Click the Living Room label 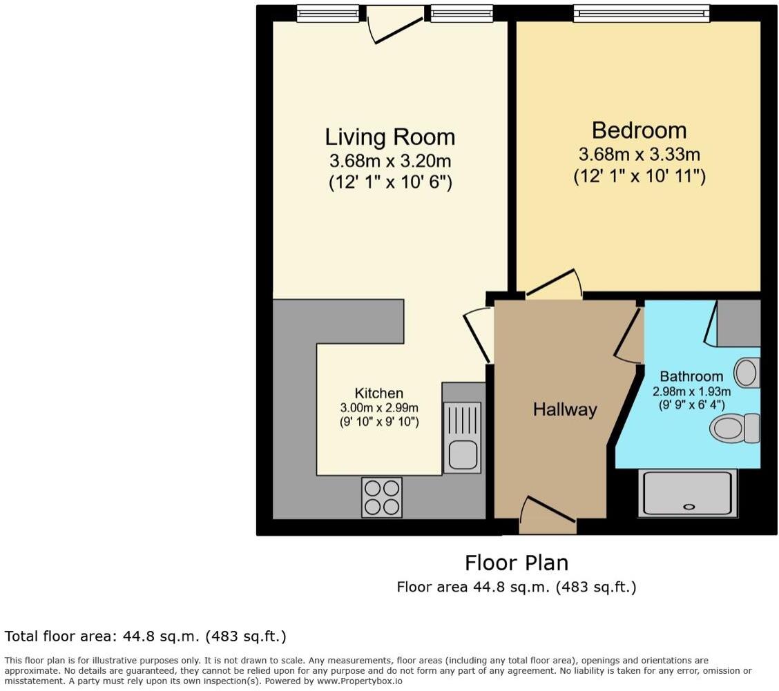(x=390, y=137)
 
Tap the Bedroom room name (x=639, y=130)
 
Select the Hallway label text (x=564, y=409)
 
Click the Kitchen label (x=378, y=393)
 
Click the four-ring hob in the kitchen (x=382, y=497)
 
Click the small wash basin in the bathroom (x=746, y=373)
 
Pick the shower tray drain (x=689, y=507)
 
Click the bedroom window (x=641, y=14)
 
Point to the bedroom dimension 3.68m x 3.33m (x=639, y=155)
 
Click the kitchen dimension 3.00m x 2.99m (x=378, y=408)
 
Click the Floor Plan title (x=516, y=563)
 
